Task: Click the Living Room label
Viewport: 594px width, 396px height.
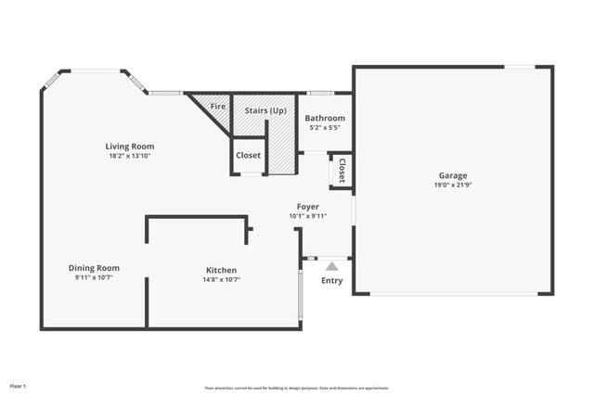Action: (x=129, y=146)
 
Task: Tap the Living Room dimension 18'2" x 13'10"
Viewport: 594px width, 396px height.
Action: (x=129, y=156)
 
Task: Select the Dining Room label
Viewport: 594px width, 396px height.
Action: (x=97, y=268)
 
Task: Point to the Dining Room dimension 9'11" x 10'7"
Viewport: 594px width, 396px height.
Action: (x=97, y=278)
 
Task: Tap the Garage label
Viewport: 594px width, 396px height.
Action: (x=453, y=175)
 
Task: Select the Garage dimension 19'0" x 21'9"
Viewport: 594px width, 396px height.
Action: (x=453, y=185)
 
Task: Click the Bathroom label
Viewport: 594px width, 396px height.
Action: (x=327, y=118)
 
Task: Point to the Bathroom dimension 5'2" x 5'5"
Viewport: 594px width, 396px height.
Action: (x=327, y=127)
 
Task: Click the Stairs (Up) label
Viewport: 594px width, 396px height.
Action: (x=265, y=110)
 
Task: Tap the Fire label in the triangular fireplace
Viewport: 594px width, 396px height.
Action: (x=218, y=107)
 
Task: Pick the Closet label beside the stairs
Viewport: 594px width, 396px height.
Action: (x=248, y=155)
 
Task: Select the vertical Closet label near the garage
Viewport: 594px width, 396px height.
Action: (x=342, y=171)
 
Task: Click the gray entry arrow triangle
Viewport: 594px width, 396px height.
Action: (x=331, y=266)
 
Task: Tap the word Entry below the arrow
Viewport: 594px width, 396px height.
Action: (x=331, y=280)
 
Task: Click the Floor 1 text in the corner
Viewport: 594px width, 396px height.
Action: (x=19, y=385)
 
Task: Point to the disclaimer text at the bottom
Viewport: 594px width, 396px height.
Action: (x=297, y=388)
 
